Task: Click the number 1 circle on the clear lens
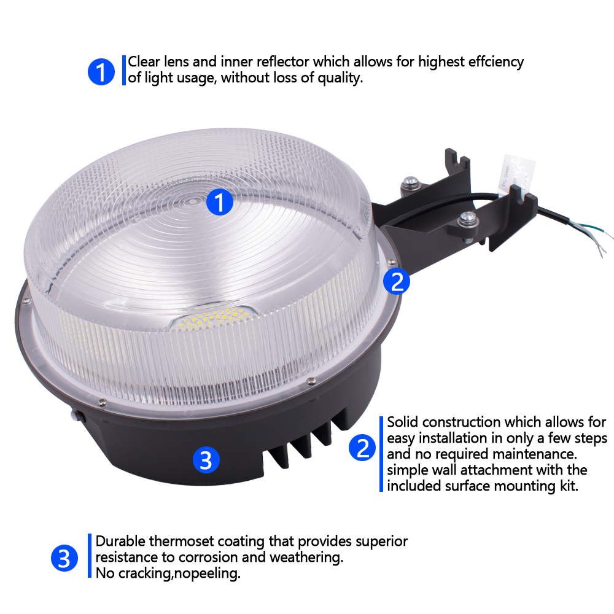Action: pyautogui.click(x=220, y=202)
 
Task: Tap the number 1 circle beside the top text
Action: pyautogui.click(x=101, y=72)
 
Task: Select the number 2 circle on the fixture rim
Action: pyautogui.click(x=396, y=282)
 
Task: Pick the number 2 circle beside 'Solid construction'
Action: pyautogui.click(x=362, y=448)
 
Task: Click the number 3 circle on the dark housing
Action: pyautogui.click(x=206, y=460)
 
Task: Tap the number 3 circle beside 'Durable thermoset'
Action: pyautogui.click(x=64, y=558)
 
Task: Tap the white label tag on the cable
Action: pyautogui.click(x=516, y=174)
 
